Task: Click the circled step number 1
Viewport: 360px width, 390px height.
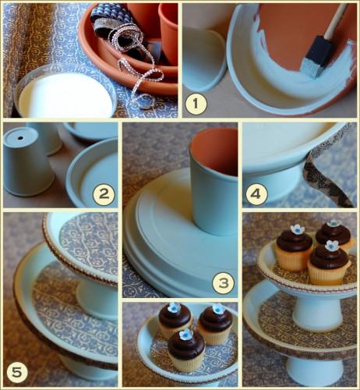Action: click(196, 104)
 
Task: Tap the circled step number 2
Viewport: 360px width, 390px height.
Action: click(104, 193)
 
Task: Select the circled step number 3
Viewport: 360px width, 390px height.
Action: click(224, 283)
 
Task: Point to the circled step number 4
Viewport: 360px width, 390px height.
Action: click(256, 194)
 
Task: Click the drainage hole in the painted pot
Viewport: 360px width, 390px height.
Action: click(20, 138)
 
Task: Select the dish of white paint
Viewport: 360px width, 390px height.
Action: click(65, 92)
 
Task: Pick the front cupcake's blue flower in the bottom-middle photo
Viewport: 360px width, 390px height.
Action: click(186, 335)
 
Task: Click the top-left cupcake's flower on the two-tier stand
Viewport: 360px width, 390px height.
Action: click(298, 229)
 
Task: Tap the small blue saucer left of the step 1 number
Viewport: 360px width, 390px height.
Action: click(203, 58)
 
